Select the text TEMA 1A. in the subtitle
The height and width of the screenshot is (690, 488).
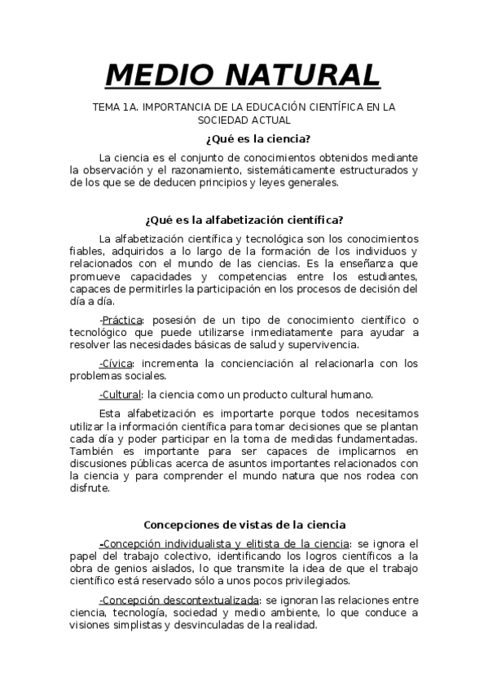[114, 107]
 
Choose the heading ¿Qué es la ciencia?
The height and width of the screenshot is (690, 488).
[244, 138]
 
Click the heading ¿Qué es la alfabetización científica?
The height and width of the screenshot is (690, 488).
[244, 219]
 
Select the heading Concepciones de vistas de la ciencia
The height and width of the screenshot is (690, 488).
[244, 525]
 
